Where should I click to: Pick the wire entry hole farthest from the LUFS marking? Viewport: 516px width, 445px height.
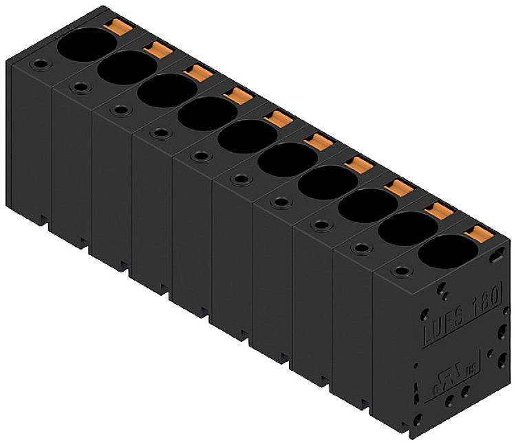coord(86,45)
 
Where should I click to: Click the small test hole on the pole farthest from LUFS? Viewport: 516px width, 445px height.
coord(41,65)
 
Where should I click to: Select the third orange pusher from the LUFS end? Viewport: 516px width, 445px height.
coord(397,187)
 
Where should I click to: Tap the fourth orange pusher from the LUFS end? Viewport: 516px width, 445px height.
coord(357,164)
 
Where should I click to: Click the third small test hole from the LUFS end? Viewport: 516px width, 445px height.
coord(320,224)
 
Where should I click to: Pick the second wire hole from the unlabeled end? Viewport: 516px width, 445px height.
coord(127,67)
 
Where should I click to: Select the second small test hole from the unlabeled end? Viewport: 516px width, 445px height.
coord(80,87)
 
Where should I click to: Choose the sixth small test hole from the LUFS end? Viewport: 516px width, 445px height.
coord(200,155)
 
